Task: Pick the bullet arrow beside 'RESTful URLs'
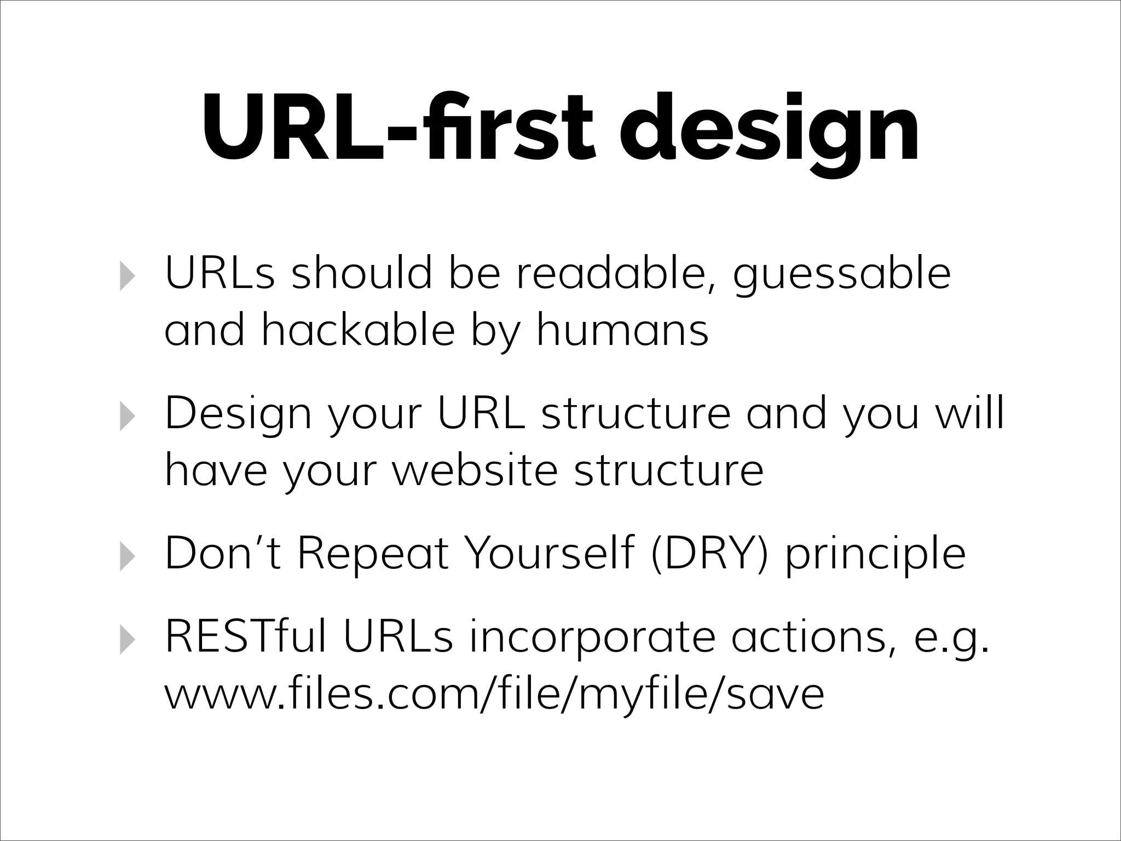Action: [x=126, y=640]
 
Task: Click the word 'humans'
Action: [x=622, y=331]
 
